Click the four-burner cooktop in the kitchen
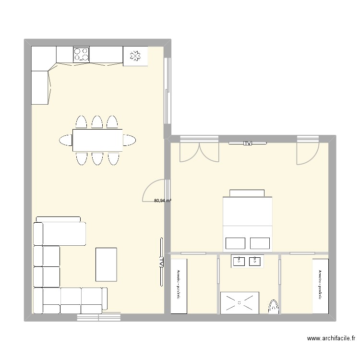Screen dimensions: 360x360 pos(81,54)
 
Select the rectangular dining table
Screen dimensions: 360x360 pos(97,140)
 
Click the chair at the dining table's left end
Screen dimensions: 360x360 pos(66,140)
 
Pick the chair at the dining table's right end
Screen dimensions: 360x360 pos(129,140)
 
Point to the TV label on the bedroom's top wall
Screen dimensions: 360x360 pos(248,143)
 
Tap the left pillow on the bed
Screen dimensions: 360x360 pos(235,243)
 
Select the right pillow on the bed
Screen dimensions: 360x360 pos(260,243)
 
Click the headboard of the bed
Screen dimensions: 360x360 pos(247,193)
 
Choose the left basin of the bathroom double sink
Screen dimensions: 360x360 pos(239,262)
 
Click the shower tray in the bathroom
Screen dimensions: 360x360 pos(240,302)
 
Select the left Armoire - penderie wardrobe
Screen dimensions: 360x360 pos(179,286)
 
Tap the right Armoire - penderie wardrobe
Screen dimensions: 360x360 pos(320,286)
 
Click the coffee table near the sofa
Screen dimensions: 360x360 pos(106,264)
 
